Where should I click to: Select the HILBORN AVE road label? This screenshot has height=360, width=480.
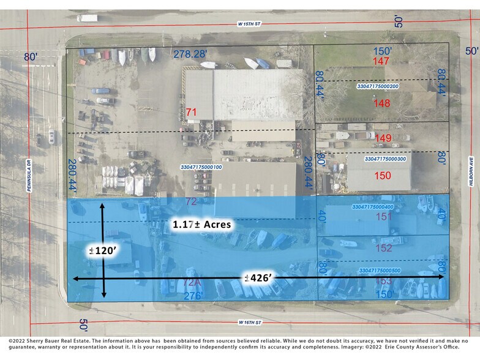coord(473,168)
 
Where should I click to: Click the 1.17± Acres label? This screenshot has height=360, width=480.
coord(202,225)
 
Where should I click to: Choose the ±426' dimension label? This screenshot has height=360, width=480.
coord(258,278)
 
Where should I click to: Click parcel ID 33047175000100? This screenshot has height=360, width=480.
coord(201,167)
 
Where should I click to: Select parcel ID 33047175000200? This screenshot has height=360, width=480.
coord(378,86)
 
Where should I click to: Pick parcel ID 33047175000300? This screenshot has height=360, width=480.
coord(385,159)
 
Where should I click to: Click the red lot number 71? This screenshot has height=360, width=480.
coord(191,112)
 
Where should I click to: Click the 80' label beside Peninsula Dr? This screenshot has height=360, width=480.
coord(31,57)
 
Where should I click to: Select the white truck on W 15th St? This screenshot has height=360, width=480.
coord(87,18)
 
